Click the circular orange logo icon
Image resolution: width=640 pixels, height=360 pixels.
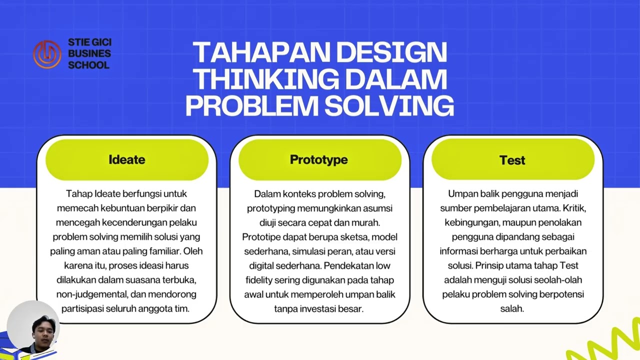47,53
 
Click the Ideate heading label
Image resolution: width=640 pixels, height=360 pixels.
127,159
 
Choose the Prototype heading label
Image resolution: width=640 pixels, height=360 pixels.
319,159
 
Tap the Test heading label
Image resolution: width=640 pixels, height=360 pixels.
512,160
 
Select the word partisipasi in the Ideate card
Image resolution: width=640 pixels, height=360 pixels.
82,308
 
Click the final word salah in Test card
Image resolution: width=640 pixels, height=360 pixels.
512,308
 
